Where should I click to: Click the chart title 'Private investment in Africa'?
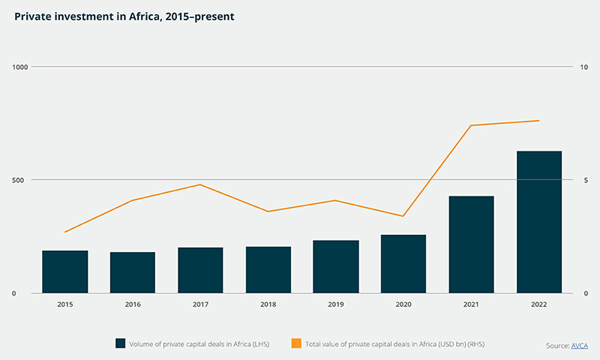tap(118, 15)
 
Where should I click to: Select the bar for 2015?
tap(64, 271)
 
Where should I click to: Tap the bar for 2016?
tap(133, 272)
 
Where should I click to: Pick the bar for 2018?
tap(268, 269)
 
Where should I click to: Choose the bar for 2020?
tap(403, 263)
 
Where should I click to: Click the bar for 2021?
tap(471, 244)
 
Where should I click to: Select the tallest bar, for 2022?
tap(539, 222)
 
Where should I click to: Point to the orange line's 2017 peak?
tap(200, 184)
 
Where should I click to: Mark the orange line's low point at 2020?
tap(403, 216)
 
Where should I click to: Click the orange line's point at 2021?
tap(471, 125)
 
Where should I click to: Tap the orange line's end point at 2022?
tap(539, 121)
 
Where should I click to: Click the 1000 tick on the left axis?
tap(19, 67)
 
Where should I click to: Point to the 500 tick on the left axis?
tap(21, 180)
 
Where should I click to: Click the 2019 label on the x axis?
tap(335, 304)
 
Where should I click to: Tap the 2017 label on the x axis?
tap(200, 304)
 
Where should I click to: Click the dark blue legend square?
tap(120, 343)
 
